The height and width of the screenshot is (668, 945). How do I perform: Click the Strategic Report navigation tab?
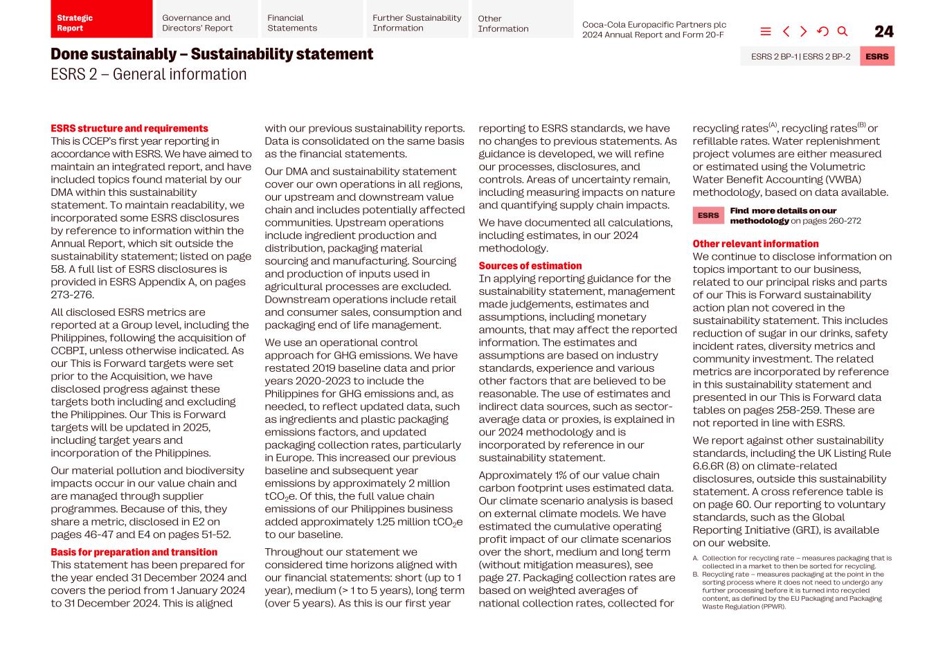coord(101,19)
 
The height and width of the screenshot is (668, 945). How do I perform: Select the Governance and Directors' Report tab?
coord(206,19)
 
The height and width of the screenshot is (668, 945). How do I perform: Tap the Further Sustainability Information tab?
coord(417,19)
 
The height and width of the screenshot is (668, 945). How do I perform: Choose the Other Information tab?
coord(522,19)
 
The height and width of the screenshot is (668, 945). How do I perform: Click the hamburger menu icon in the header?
coord(765,32)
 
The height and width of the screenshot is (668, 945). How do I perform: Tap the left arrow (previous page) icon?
coord(786,32)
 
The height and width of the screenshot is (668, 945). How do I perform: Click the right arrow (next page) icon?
coord(803,32)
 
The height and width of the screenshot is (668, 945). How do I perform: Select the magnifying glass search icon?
coord(843,32)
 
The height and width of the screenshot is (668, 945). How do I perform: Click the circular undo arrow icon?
coord(822,32)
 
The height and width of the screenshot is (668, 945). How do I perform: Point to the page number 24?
coord(883,32)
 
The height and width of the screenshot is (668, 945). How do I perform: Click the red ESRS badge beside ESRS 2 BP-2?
coord(876,57)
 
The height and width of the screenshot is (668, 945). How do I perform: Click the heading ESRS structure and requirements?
coord(129,129)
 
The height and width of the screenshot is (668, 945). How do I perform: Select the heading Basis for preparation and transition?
coord(134,552)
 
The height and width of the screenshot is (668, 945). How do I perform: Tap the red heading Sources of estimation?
coord(530,266)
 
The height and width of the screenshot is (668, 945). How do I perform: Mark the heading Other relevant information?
coord(755,244)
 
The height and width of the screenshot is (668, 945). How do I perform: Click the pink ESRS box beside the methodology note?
coord(708,215)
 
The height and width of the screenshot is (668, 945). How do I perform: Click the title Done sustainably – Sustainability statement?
coord(212,54)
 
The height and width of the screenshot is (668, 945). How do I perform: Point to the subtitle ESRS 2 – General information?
coord(148,75)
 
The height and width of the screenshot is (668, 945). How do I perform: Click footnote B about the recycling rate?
coord(792,590)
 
